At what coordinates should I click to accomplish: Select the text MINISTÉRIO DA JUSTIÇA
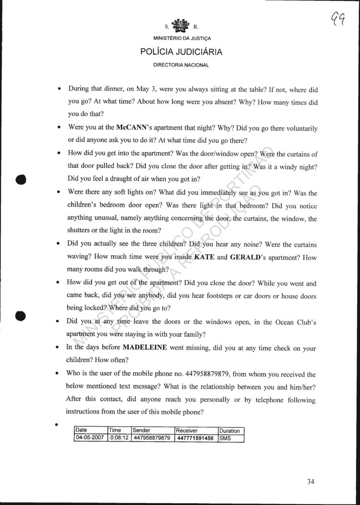(x=181, y=38)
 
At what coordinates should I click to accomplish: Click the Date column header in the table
(x=81, y=431)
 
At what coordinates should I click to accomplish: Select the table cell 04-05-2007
(x=91, y=438)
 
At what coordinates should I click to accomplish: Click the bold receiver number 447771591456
(x=195, y=438)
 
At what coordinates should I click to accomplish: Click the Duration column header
(x=230, y=431)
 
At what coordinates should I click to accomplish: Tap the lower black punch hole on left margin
(x=20, y=316)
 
